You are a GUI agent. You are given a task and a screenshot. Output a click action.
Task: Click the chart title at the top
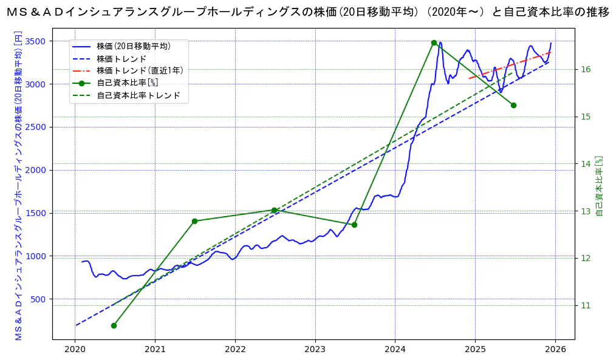coord(308,12)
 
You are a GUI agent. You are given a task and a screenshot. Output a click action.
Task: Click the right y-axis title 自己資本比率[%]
coord(599,186)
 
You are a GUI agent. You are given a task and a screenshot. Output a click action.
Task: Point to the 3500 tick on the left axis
coord(36,41)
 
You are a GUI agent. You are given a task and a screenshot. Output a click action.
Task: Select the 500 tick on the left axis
coord(38,299)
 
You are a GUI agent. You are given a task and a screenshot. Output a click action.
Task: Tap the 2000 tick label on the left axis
coord(36,170)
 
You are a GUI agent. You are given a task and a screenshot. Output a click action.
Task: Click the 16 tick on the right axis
coord(586,69)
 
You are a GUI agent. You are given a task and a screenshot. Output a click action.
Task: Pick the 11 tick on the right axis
coord(586,305)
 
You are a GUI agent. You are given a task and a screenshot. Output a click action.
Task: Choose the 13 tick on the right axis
coord(586,211)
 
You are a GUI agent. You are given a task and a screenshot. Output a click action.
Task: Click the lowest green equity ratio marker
coord(114,325)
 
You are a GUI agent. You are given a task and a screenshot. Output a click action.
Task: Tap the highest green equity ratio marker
coord(434,42)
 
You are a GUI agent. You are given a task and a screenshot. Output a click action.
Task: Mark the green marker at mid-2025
coord(513,105)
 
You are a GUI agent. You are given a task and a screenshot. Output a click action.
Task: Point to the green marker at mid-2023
coord(354,225)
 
